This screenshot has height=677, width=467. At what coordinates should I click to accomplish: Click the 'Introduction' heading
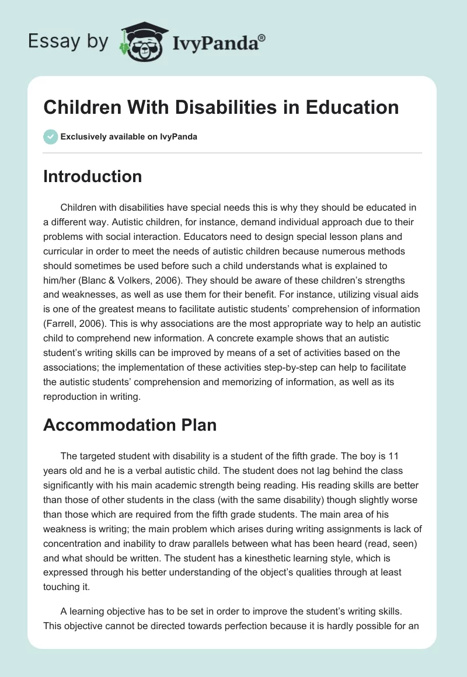point(92,176)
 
